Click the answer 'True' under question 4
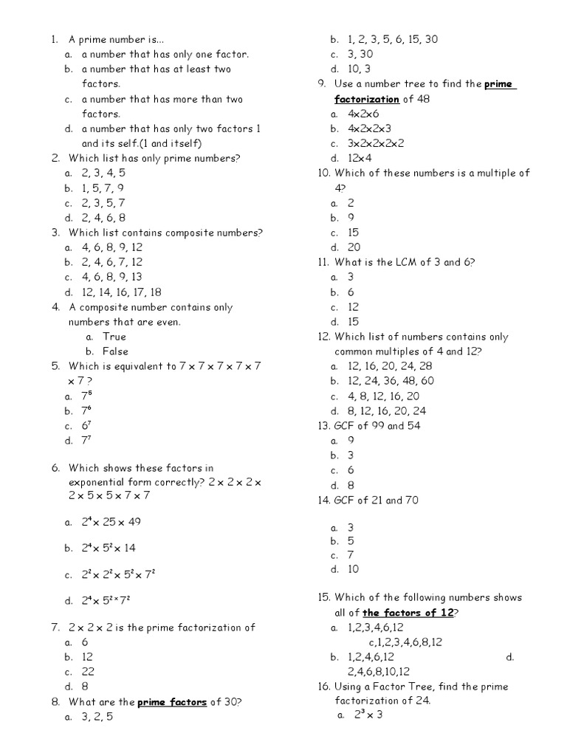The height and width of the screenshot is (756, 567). [x=114, y=337]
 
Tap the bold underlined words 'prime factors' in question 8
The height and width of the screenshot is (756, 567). [x=172, y=701]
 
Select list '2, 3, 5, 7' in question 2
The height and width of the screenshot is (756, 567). [x=103, y=202]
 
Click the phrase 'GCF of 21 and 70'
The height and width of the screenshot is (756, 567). [x=377, y=500]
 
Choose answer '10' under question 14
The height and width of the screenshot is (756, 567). [x=354, y=568]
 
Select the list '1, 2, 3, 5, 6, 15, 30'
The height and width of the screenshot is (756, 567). [x=398, y=39]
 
